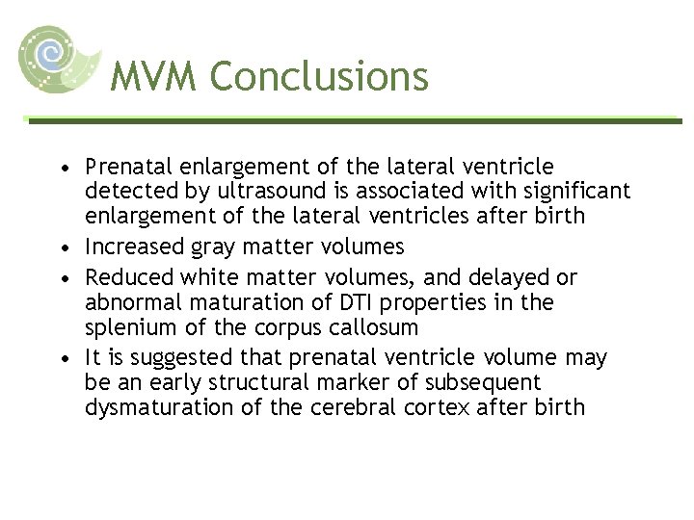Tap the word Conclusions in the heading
(x=319, y=76)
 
